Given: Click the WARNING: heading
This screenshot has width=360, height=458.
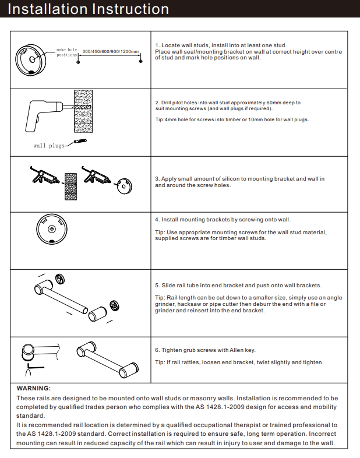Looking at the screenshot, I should [x=34, y=388].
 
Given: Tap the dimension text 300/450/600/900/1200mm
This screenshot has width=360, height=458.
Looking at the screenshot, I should [x=111, y=52].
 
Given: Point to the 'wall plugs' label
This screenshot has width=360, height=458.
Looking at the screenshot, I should [x=49, y=146].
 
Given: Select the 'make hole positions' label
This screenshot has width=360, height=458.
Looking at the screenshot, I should [x=67, y=53].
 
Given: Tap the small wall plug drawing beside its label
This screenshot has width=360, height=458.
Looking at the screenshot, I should [x=81, y=142].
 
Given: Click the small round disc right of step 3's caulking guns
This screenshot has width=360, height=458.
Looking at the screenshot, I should [x=123, y=183].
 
